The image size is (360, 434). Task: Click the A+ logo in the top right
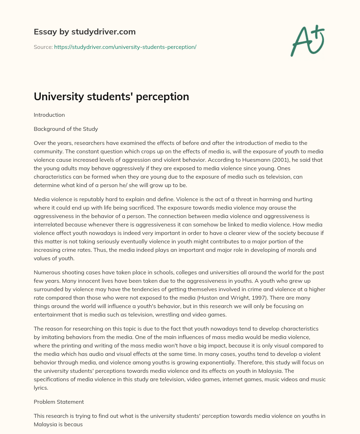point(307,41)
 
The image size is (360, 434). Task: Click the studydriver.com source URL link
point(125,47)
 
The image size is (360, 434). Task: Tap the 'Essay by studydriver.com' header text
point(84,32)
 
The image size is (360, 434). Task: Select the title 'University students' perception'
point(111,96)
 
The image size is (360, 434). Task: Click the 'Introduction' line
point(49,115)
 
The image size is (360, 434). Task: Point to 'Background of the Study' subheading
point(66,129)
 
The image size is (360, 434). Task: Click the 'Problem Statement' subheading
point(59,402)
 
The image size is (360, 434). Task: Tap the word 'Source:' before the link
point(43,47)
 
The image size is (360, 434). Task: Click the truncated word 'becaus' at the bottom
point(74,424)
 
